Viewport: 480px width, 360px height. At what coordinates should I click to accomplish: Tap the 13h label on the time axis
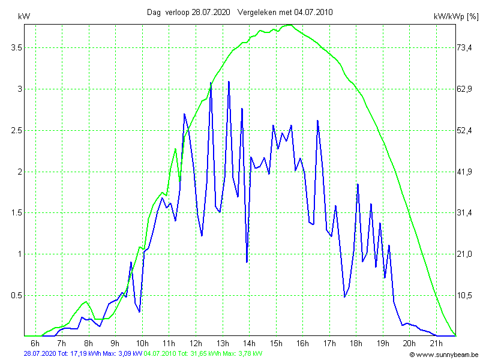[x=223, y=343]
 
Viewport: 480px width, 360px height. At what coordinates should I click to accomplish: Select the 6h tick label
[x=35, y=343]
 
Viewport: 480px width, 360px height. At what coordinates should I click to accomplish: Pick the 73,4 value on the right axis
[x=465, y=47]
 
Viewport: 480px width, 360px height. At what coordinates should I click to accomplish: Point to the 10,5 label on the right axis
[x=465, y=295]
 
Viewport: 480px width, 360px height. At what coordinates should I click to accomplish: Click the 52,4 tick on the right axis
[x=465, y=130]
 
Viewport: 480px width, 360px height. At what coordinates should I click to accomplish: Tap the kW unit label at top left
[x=23, y=17]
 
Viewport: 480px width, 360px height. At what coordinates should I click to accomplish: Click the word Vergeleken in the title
[x=257, y=12]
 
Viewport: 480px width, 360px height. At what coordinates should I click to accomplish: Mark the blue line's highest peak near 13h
[x=229, y=82]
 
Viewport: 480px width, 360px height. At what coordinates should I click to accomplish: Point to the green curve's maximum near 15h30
[x=289, y=25]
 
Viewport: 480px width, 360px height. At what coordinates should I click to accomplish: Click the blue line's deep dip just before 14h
[x=247, y=262]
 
